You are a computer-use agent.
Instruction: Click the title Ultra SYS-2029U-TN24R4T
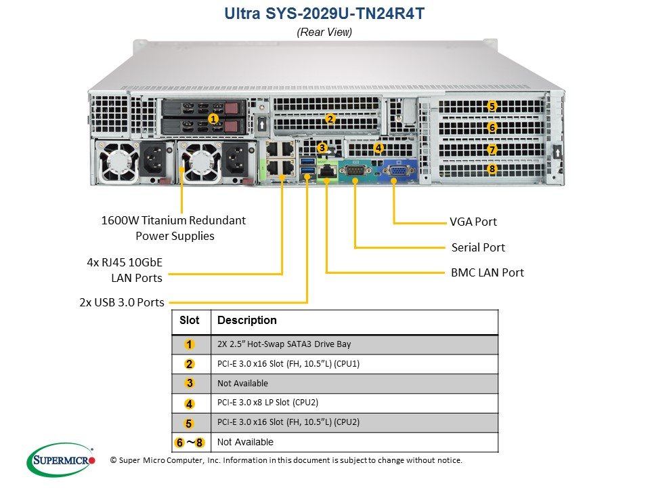[x=324, y=14]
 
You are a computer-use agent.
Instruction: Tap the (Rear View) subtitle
[x=324, y=32]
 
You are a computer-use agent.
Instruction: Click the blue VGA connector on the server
[x=399, y=170]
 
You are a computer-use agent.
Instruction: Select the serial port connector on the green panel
[x=355, y=170]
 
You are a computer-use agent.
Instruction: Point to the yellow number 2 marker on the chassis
[x=330, y=119]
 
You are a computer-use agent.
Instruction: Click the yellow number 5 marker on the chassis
[x=492, y=106]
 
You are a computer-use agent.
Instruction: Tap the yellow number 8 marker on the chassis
[x=492, y=169]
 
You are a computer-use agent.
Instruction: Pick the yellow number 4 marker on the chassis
[x=378, y=147]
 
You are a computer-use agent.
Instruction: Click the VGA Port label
[x=473, y=222]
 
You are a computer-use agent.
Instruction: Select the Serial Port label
[x=478, y=247]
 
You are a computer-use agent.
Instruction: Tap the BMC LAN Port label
[x=487, y=272]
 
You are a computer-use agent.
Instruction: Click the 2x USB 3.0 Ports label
[x=122, y=302]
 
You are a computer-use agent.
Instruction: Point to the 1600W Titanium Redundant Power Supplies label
[x=174, y=228]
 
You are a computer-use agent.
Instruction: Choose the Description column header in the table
[x=247, y=321]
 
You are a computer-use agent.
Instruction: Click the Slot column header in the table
[x=190, y=321]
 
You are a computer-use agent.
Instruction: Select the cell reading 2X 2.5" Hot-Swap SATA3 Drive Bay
[x=284, y=344]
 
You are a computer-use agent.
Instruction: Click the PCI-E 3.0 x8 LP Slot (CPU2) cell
[x=268, y=403]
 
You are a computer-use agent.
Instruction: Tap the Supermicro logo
[x=62, y=460]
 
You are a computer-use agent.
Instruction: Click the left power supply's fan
[x=117, y=161]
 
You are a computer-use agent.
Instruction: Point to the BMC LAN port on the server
[x=327, y=171]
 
